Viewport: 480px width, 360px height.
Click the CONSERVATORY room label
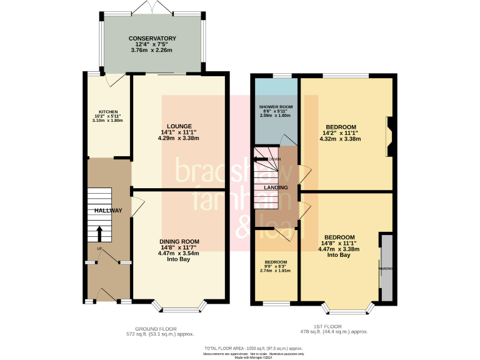(152, 38)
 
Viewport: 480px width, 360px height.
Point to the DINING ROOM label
(179, 241)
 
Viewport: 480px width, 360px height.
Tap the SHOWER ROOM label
(276, 107)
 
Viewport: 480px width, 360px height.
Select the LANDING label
(276, 187)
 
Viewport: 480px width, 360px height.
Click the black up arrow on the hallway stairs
(99, 232)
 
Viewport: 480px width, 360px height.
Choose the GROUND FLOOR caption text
(156, 328)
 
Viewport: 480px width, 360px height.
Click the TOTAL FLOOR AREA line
(253, 347)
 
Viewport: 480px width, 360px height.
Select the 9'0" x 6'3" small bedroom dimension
(275, 267)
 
